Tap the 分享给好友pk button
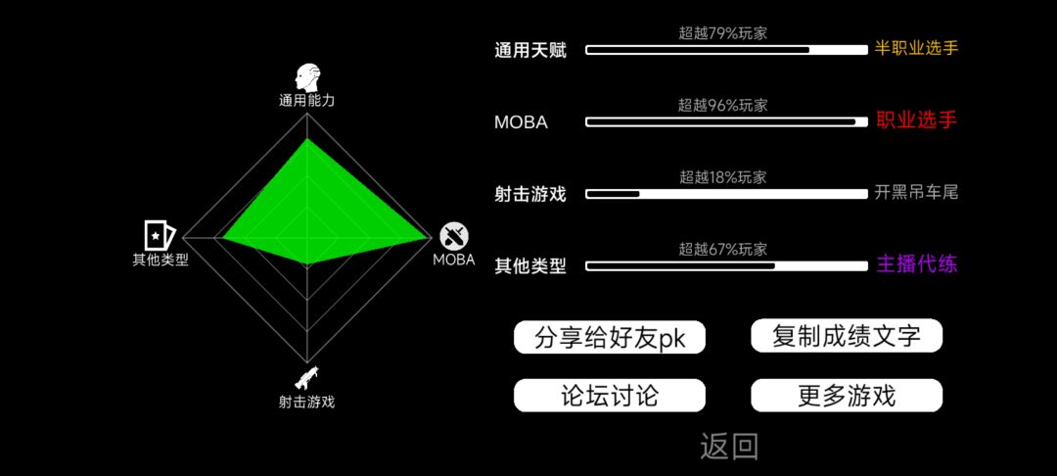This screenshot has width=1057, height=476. point(610,337)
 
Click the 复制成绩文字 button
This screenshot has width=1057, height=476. point(846,335)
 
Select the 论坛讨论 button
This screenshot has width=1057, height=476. point(610,395)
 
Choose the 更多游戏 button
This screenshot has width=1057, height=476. point(846,395)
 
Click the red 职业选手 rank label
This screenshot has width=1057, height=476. point(917,120)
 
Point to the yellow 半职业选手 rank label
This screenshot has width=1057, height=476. point(917,48)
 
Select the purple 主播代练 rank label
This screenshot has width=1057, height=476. point(917,263)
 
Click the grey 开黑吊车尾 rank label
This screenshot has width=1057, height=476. point(916,193)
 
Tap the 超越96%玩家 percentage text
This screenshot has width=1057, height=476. point(722,105)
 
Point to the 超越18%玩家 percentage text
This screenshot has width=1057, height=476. point(722,177)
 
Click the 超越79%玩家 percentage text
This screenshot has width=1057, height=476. point(722,32)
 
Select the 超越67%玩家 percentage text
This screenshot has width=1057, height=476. point(722,250)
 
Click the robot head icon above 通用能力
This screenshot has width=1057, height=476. point(307,78)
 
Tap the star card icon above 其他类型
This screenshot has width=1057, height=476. point(160,235)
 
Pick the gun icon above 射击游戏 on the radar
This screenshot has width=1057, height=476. point(306,378)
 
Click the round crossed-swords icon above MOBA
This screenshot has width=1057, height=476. point(454,236)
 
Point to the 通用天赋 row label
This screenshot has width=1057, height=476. point(530,51)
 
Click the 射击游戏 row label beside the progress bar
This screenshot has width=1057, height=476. point(529,194)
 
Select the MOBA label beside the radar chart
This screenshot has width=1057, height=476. point(454,260)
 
